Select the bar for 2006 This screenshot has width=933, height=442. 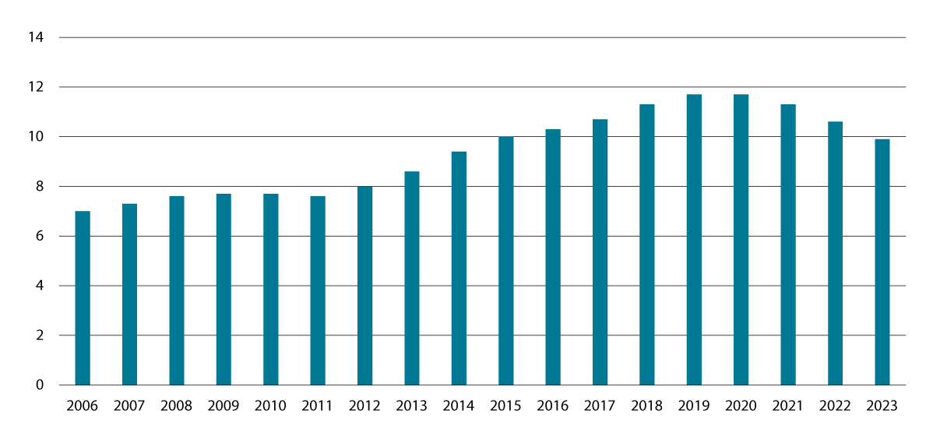point(83,298)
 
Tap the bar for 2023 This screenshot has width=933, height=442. point(882,262)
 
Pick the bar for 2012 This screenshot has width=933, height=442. point(364,286)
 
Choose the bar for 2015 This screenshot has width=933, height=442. point(505,261)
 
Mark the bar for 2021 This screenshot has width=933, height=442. point(788,244)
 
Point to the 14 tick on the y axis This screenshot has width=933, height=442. point(34,37)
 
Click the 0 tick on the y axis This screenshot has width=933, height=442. point(38,385)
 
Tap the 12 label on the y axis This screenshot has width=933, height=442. point(34,87)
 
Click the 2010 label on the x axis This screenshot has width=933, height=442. point(270,405)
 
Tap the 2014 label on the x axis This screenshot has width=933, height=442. point(459,405)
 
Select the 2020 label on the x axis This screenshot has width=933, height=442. point(741,405)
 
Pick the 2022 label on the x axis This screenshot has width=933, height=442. point(835,405)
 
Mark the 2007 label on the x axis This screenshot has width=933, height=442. point(129,405)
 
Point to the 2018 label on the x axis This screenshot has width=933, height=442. point(646,405)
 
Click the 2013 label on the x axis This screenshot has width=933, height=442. point(411,405)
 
